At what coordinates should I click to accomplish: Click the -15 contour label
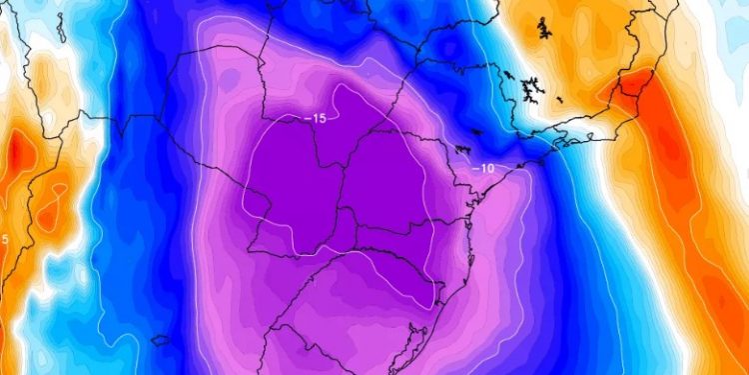(x=317, y=119)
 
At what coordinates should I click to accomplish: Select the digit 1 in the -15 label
(x=316, y=119)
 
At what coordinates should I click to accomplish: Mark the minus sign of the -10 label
(x=475, y=168)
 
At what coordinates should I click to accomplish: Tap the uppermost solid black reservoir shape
(x=543, y=31)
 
